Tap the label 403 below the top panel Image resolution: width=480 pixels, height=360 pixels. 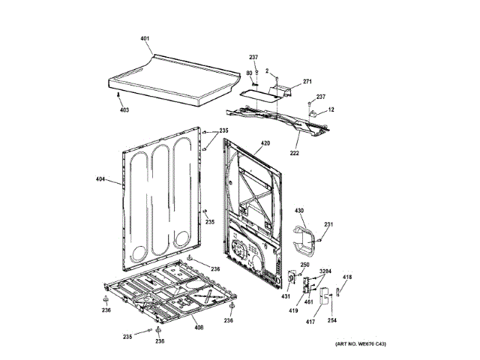coord(124,109)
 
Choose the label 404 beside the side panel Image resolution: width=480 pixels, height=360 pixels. coord(102,180)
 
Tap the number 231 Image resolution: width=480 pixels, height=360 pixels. coord(328,224)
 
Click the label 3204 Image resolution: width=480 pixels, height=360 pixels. coord(325,271)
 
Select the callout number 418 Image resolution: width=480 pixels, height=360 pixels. coord(347,278)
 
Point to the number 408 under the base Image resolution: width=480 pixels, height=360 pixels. coord(199,327)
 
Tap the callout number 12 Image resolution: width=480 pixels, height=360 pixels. coord(331,110)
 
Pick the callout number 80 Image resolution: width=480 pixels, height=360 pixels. coord(248,73)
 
